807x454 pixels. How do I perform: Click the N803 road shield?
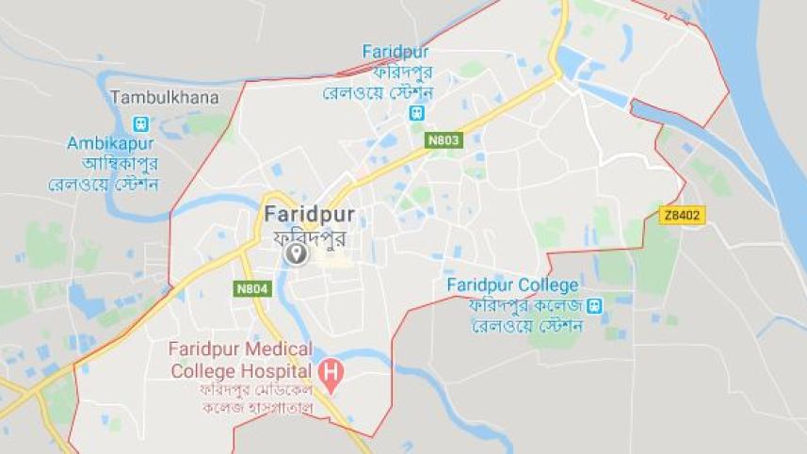(x=443, y=140)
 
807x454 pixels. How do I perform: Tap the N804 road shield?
(x=252, y=289)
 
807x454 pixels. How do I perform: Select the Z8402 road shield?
(x=682, y=216)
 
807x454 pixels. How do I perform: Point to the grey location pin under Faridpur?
(x=297, y=254)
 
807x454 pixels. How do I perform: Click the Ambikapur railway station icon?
(x=141, y=123)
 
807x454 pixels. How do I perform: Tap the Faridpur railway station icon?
(x=417, y=113)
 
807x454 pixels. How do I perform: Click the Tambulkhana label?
(x=164, y=97)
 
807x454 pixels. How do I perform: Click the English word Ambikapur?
(x=110, y=143)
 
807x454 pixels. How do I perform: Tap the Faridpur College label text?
(x=512, y=284)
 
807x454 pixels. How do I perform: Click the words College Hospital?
(x=240, y=370)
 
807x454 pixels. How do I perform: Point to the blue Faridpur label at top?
(x=395, y=51)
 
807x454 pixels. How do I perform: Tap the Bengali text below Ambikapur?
(x=104, y=172)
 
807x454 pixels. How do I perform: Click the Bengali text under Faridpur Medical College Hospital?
(x=256, y=398)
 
